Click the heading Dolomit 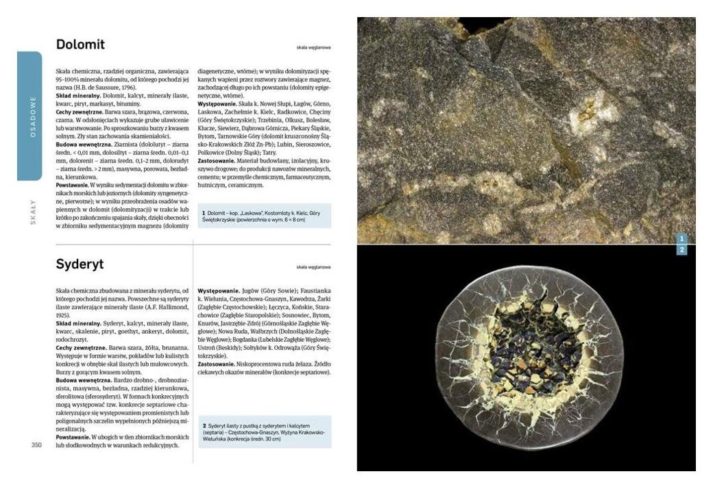[x=80, y=45]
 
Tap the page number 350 [x=38, y=445]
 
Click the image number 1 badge [x=681, y=238]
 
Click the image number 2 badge [x=681, y=250]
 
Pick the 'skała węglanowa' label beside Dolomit [x=314, y=48]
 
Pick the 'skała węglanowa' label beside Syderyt [x=314, y=267]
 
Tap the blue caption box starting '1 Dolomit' [x=264, y=216]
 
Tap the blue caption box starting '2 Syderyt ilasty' [x=264, y=432]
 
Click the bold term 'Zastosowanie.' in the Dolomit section [x=217, y=161]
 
